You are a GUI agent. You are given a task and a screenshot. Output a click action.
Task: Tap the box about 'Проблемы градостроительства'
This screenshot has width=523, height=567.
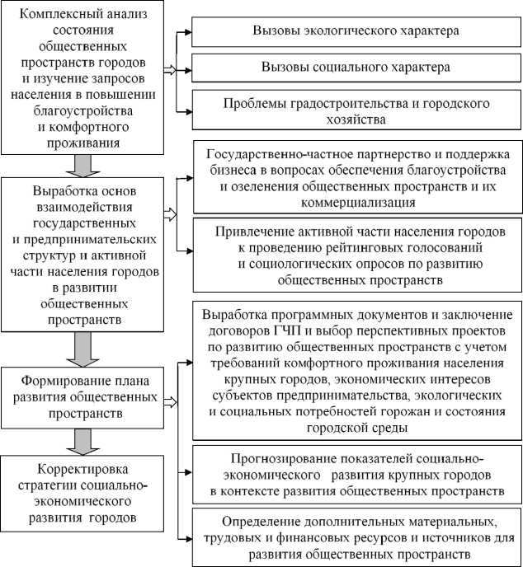coord(355,111)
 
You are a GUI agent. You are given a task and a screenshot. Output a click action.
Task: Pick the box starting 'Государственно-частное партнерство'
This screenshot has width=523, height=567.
coord(356,177)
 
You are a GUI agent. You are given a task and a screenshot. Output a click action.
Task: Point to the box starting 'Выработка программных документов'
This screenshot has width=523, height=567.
coord(356,372)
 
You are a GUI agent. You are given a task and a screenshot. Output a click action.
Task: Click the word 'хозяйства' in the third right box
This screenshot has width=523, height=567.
coord(355,119)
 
